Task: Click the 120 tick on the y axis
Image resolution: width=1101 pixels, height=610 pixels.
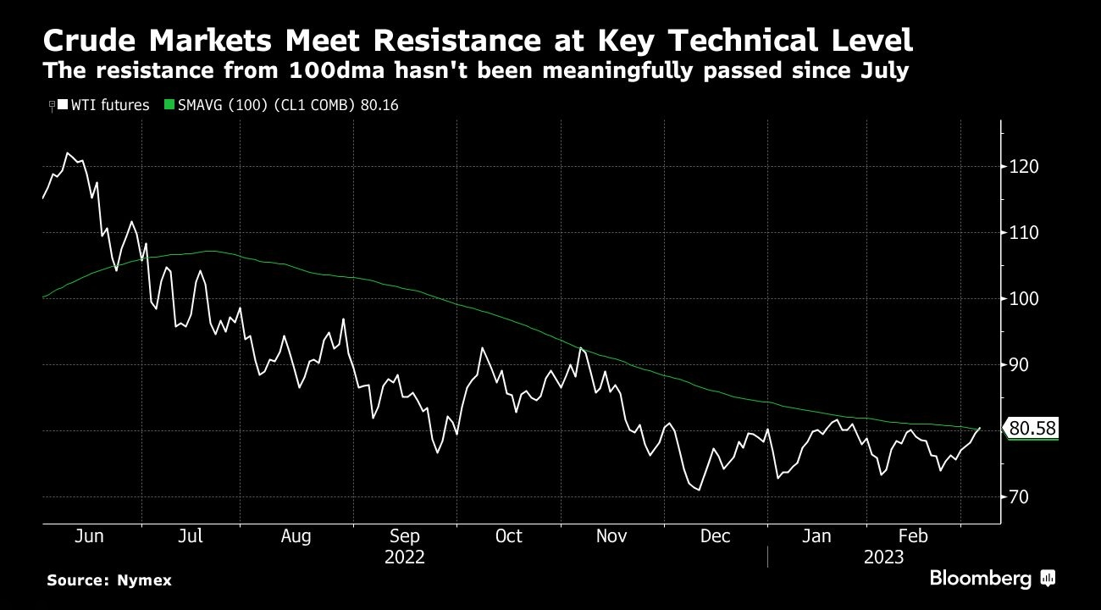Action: click(1024, 166)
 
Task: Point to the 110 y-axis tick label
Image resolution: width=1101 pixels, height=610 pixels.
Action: click(1024, 232)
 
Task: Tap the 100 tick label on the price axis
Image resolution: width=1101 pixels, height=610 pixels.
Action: click(1024, 298)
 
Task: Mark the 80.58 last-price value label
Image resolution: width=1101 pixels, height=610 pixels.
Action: click(1032, 430)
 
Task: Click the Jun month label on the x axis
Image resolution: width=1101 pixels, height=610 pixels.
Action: click(89, 536)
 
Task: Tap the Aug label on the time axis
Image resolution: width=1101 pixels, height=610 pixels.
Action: click(296, 536)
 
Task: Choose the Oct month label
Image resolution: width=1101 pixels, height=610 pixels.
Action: click(508, 536)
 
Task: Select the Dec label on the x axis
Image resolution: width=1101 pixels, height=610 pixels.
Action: click(716, 536)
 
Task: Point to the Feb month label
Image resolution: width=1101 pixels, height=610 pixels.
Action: click(913, 536)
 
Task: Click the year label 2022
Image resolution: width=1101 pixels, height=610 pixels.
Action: click(404, 557)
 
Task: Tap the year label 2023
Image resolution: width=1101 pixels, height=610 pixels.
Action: click(883, 557)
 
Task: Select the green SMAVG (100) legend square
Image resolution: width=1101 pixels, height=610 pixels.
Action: click(169, 105)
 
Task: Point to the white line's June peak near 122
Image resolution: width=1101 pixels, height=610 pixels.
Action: click(67, 153)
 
